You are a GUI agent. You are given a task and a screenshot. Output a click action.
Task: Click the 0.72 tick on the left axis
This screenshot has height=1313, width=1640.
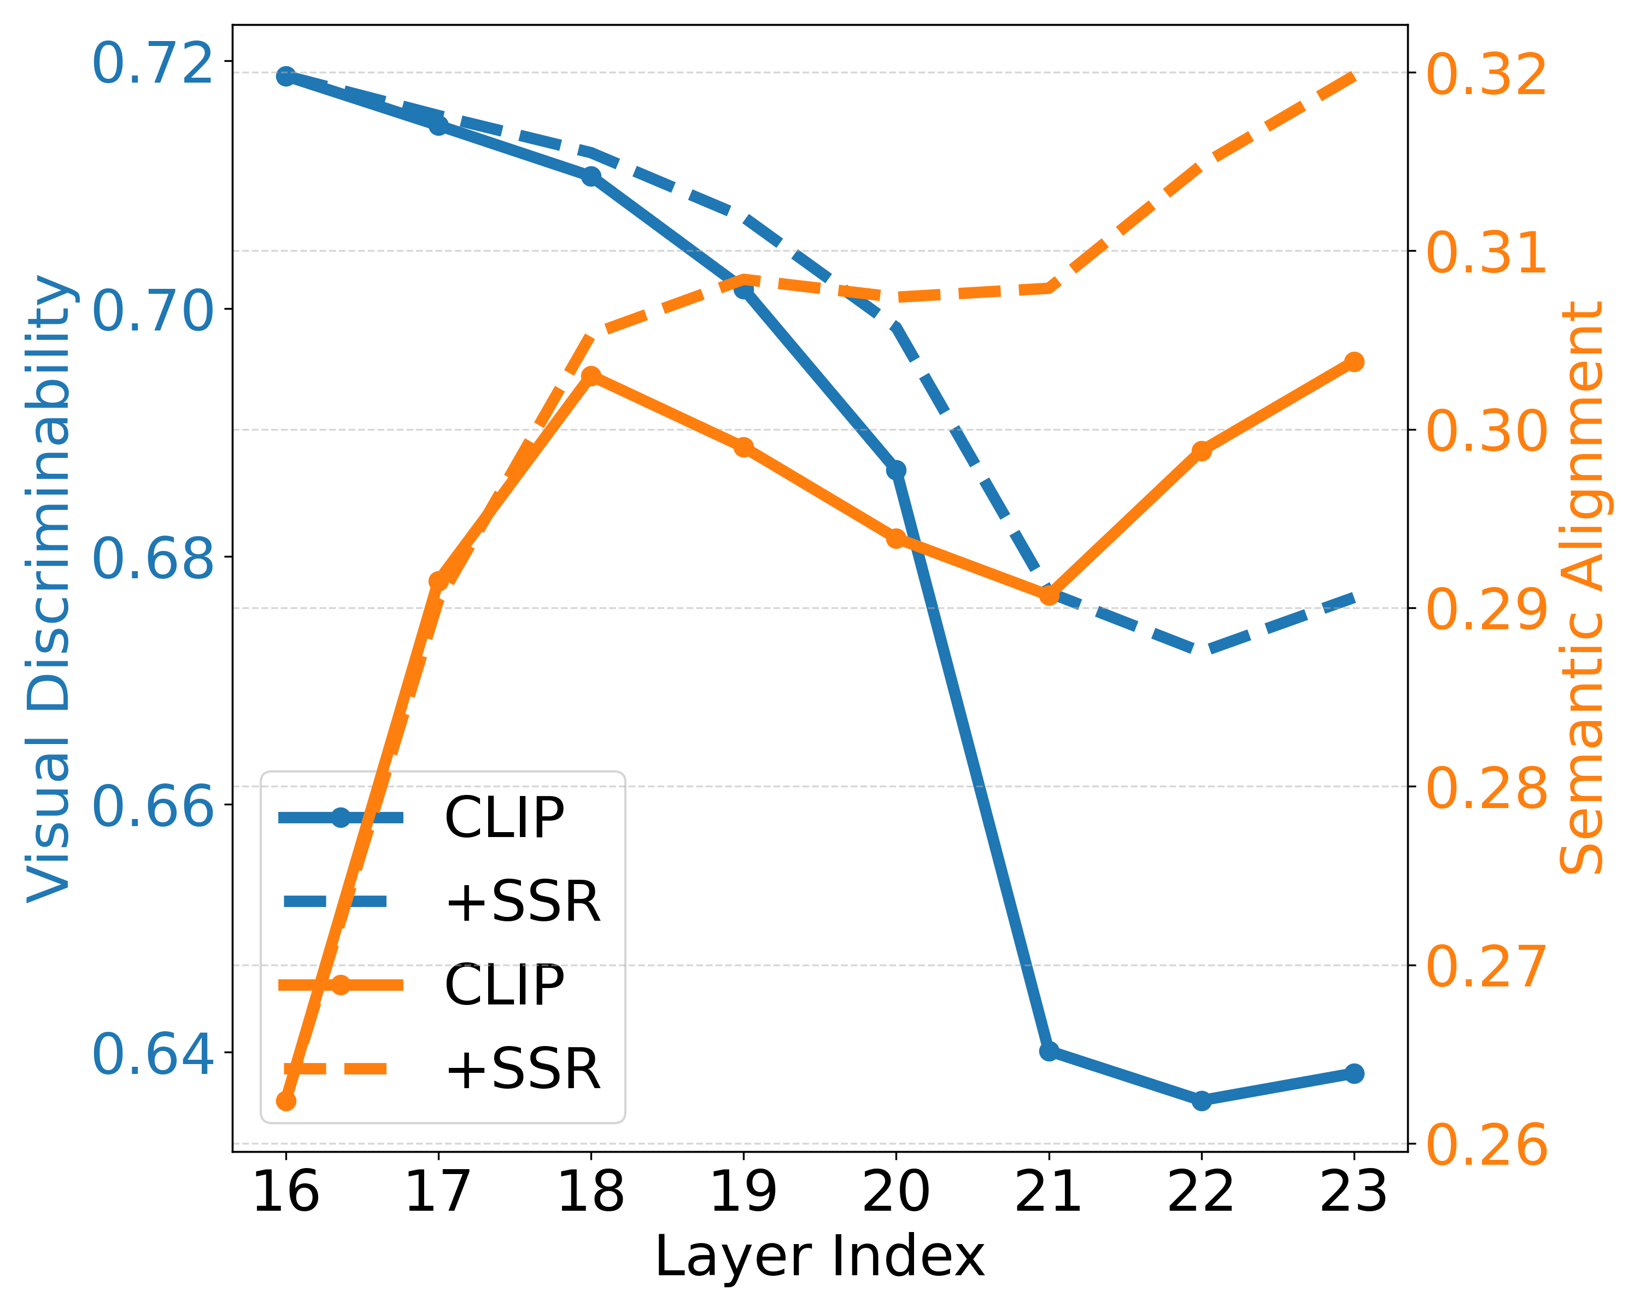click(151, 64)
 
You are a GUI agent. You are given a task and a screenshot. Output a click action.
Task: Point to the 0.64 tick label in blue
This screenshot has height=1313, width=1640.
click(151, 1054)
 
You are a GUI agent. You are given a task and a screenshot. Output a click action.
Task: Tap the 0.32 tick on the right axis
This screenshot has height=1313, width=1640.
click(1486, 74)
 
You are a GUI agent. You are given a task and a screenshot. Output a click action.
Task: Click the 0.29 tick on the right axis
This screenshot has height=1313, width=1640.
click(1486, 609)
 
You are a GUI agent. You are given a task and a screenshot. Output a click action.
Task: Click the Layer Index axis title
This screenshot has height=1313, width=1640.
click(819, 1257)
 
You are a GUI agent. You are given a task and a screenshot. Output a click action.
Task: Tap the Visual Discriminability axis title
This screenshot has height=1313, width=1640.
click(49, 588)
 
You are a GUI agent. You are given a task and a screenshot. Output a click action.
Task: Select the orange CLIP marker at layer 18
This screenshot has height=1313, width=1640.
click(591, 376)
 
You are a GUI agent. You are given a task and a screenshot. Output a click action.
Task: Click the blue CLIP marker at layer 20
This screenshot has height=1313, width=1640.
click(896, 469)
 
